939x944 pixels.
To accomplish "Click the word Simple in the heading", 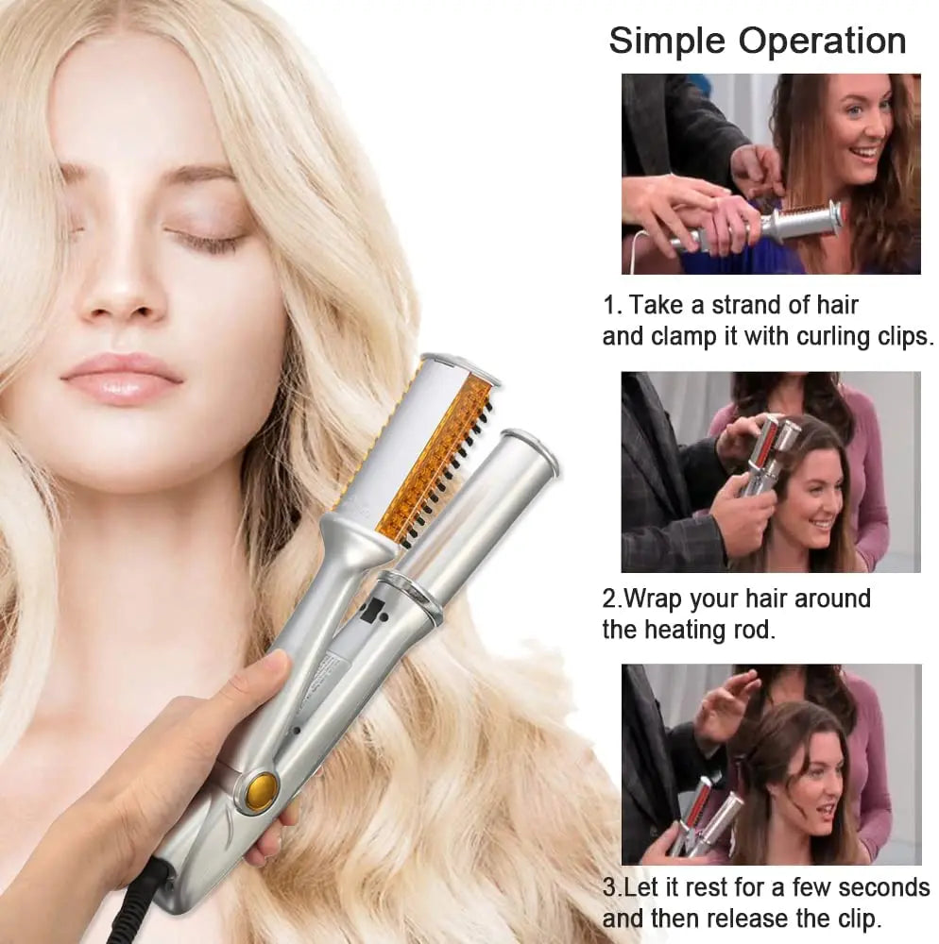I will (x=666, y=42).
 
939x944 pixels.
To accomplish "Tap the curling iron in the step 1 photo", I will (x=794, y=225).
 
